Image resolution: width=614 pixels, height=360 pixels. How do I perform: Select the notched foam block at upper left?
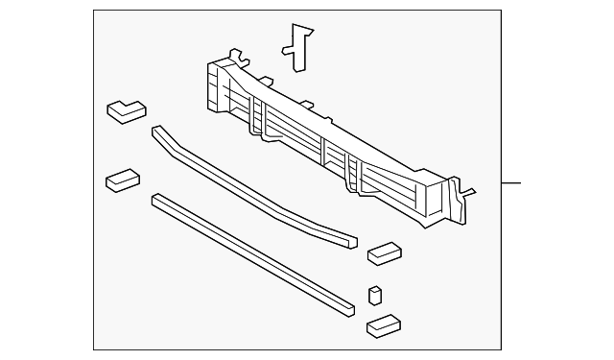coord(125,111)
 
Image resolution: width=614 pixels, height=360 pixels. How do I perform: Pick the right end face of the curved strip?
coord(354,239)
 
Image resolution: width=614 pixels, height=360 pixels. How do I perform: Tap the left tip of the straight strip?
coord(154,200)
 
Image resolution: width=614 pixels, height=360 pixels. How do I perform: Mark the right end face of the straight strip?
coord(350,308)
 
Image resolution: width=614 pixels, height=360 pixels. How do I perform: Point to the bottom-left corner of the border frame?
coord(94,349)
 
